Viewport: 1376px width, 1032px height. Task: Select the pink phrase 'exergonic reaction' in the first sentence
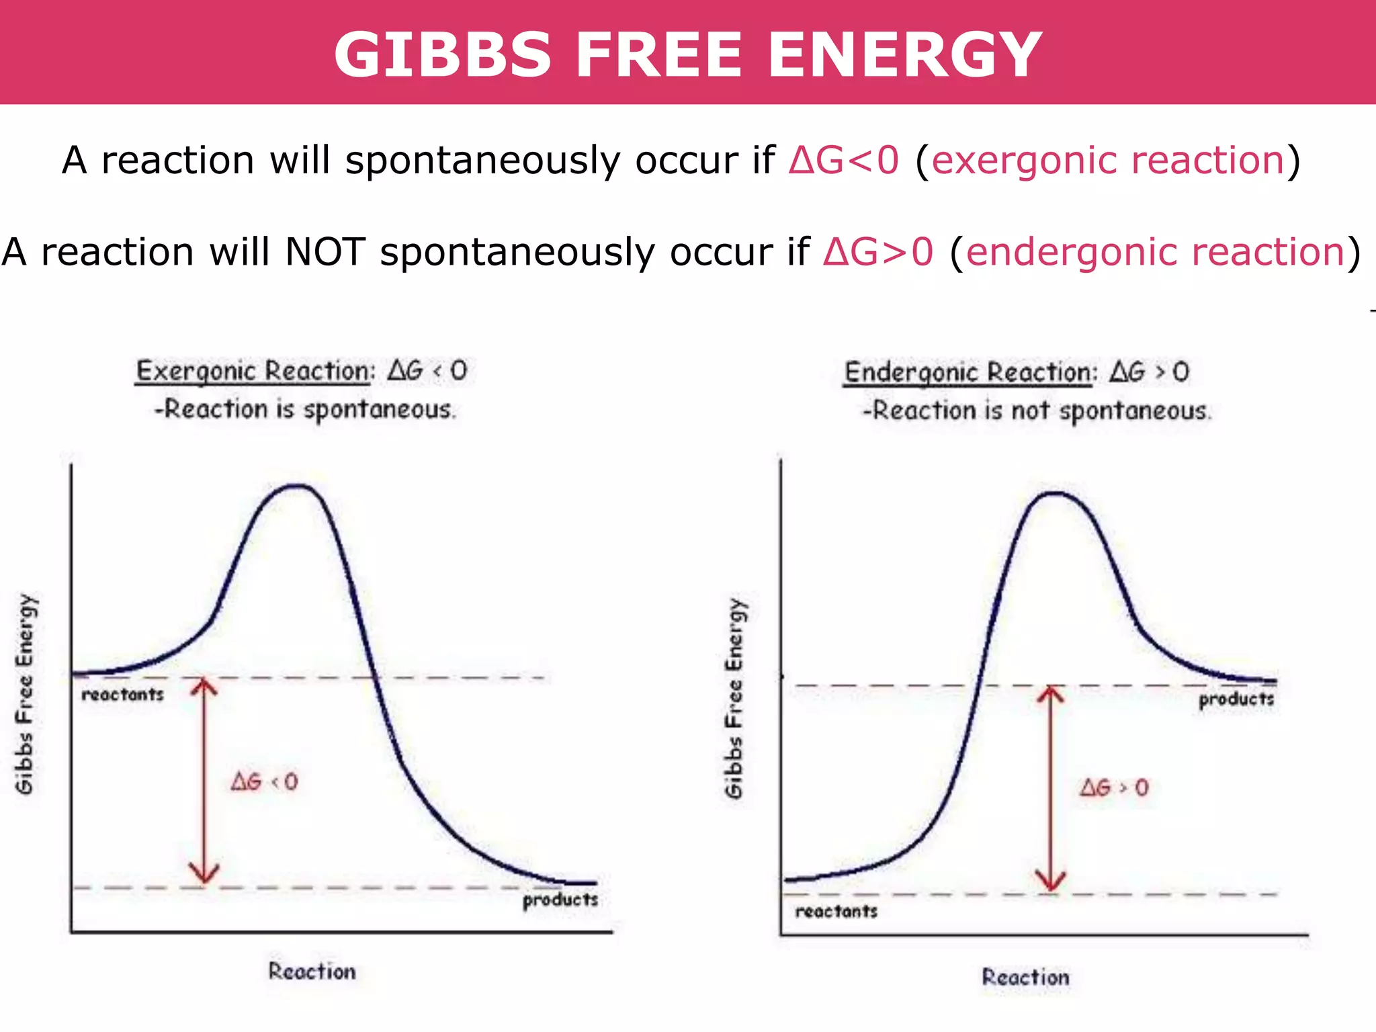[x=1108, y=161]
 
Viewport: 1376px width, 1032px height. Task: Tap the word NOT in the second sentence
[x=325, y=252]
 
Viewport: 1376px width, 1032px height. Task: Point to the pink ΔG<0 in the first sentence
[x=843, y=161]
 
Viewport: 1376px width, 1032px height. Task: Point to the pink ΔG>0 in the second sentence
[x=878, y=252]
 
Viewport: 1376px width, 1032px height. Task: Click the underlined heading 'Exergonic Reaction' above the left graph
[x=253, y=371]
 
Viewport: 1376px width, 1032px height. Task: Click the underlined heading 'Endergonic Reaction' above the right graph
[x=968, y=372]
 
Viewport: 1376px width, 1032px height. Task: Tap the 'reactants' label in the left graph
[x=123, y=695]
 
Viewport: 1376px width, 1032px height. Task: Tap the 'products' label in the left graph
[x=560, y=900]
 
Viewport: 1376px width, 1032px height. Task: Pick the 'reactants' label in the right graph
[x=836, y=912]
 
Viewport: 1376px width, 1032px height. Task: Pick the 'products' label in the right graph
[x=1236, y=699]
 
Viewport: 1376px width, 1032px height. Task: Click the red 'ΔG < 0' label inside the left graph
[x=264, y=781]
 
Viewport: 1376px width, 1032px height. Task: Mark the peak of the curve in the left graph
[x=296, y=486]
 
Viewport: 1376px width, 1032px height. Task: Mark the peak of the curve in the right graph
[x=1056, y=494]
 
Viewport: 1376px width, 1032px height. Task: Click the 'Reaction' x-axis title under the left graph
[x=312, y=972]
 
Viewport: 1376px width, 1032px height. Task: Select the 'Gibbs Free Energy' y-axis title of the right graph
[x=734, y=699]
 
